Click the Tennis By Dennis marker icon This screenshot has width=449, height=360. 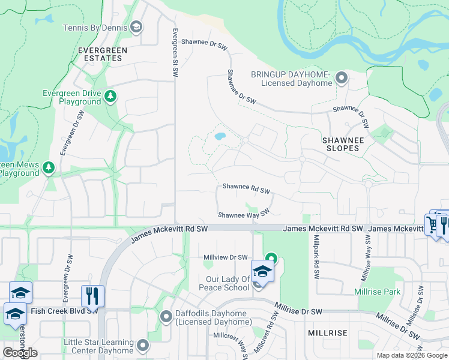[x=136, y=27]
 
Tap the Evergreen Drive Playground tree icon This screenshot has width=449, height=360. [x=110, y=97]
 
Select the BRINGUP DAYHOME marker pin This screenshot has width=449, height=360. [x=342, y=78]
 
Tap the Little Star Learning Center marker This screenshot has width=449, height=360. [x=142, y=345]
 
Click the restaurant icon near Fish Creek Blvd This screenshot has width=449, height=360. [x=92, y=296]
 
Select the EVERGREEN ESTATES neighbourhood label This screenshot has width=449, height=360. [x=100, y=54]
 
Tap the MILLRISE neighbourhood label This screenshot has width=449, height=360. [x=328, y=332]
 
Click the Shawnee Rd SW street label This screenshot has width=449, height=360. [x=246, y=188]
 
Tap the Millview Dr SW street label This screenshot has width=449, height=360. [x=226, y=257]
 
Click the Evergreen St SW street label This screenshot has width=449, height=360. [x=175, y=53]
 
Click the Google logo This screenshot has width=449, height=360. [x=20, y=352]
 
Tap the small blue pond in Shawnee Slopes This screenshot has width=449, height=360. [x=220, y=136]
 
